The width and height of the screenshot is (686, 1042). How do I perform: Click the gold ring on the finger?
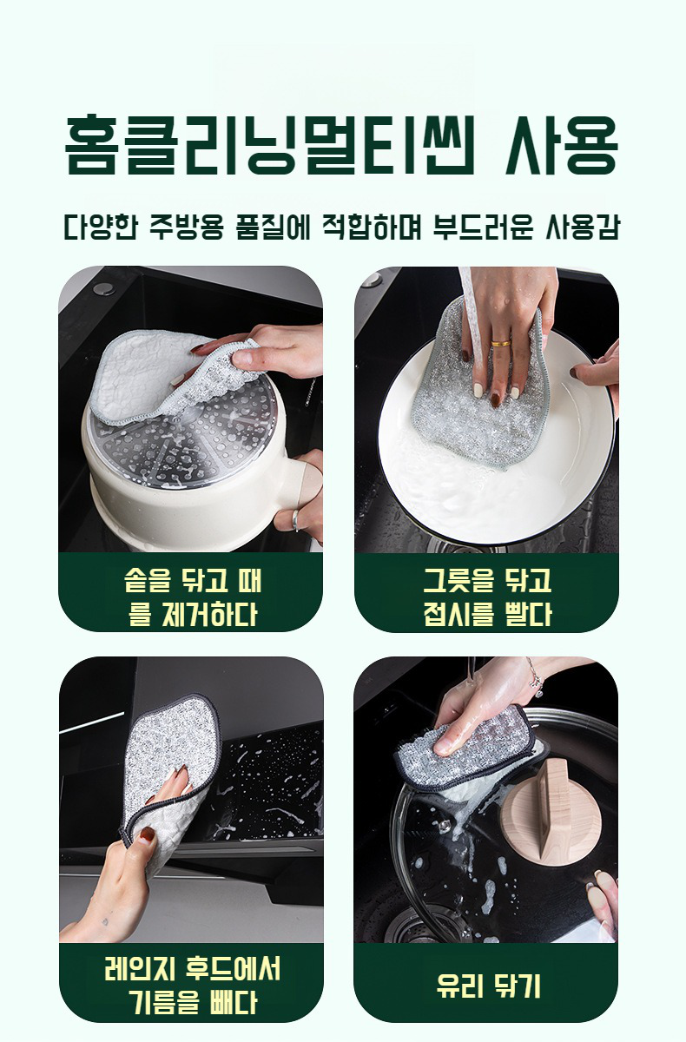coord(501,344)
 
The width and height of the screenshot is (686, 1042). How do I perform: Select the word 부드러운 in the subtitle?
coord(482,227)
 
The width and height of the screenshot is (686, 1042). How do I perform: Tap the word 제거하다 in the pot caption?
coord(209,614)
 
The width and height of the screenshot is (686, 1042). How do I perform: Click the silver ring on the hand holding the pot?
coord(295,519)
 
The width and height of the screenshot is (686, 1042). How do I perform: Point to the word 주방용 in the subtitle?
coord(187,227)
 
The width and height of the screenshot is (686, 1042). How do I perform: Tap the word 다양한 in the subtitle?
coord(101,227)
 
